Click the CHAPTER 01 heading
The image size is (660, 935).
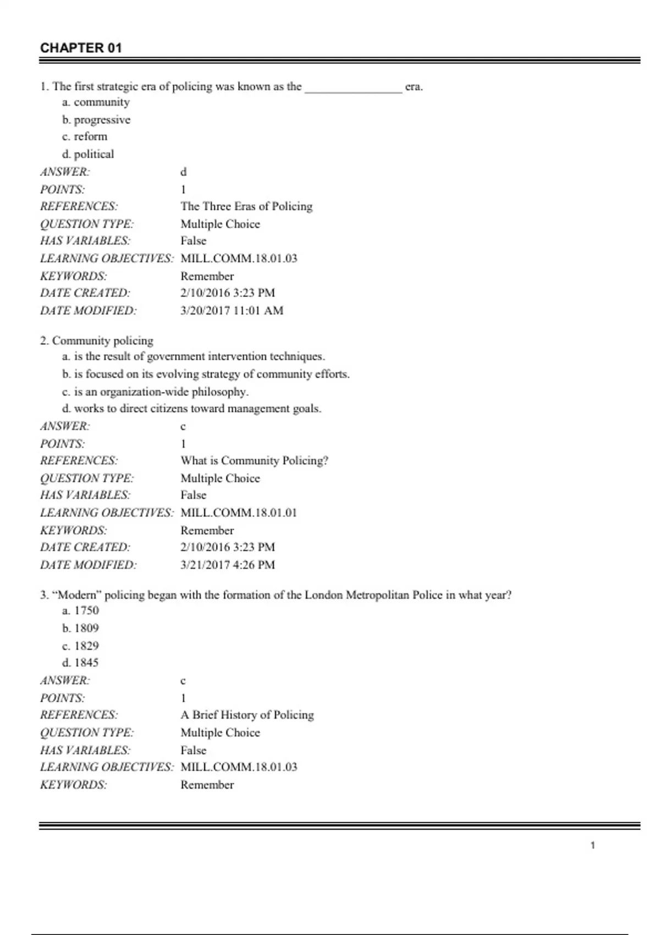pos(81,48)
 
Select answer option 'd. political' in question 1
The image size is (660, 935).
pos(88,154)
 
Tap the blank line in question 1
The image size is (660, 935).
pos(353,88)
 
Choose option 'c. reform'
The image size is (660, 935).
pos(85,136)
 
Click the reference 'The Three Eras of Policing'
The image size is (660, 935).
pos(246,206)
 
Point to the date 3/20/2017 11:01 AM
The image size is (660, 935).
pos(232,310)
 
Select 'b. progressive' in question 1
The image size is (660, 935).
pos(96,120)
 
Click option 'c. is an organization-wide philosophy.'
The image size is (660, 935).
pos(155,392)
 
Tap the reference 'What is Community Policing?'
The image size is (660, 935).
pos(254,460)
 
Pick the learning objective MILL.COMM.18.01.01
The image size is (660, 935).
pos(239,513)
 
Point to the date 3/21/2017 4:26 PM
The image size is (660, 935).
pos(228,564)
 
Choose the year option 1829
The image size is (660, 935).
pos(81,646)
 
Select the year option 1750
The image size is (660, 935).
pos(81,610)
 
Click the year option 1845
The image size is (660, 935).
pos(81,663)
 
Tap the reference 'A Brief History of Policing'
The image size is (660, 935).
pos(247,715)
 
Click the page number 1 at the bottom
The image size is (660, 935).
pos(592,845)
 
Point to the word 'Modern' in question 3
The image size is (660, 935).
pos(77,595)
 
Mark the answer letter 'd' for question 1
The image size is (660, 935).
pos(183,172)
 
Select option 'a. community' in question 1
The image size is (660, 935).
pos(96,102)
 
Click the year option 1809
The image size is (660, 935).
pos(81,628)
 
